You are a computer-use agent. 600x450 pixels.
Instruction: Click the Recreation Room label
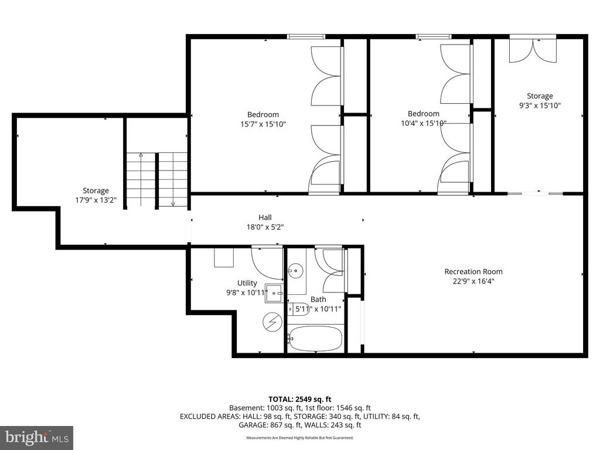(x=473, y=271)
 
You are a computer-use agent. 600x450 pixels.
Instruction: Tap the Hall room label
(x=265, y=217)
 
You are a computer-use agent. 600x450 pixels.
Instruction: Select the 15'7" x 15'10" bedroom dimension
(x=263, y=124)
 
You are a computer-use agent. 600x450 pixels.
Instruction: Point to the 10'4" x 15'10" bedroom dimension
(x=423, y=123)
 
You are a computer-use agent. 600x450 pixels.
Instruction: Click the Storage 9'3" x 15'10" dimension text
(x=539, y=105)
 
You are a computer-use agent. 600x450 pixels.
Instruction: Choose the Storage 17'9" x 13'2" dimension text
(x=96, y=200)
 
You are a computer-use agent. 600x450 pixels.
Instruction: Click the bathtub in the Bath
(x=315, y=338)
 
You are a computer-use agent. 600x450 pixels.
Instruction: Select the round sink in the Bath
(x=296, y=271)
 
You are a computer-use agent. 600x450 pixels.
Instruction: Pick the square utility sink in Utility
(x=274, y=292)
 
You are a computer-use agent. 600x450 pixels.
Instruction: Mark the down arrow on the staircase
(x=173, y=203)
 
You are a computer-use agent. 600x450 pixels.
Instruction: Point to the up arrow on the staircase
(x=141, y=156)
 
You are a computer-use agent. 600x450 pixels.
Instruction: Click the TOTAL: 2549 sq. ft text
(x=303, y=399)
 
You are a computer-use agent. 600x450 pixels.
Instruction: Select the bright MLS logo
(x=36, y=437)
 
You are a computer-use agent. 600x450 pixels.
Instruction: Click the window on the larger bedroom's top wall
(x=306, y=37)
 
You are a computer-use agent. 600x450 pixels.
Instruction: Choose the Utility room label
(x=247, y=283)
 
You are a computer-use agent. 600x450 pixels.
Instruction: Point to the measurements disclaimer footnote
(x=299, y=438)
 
